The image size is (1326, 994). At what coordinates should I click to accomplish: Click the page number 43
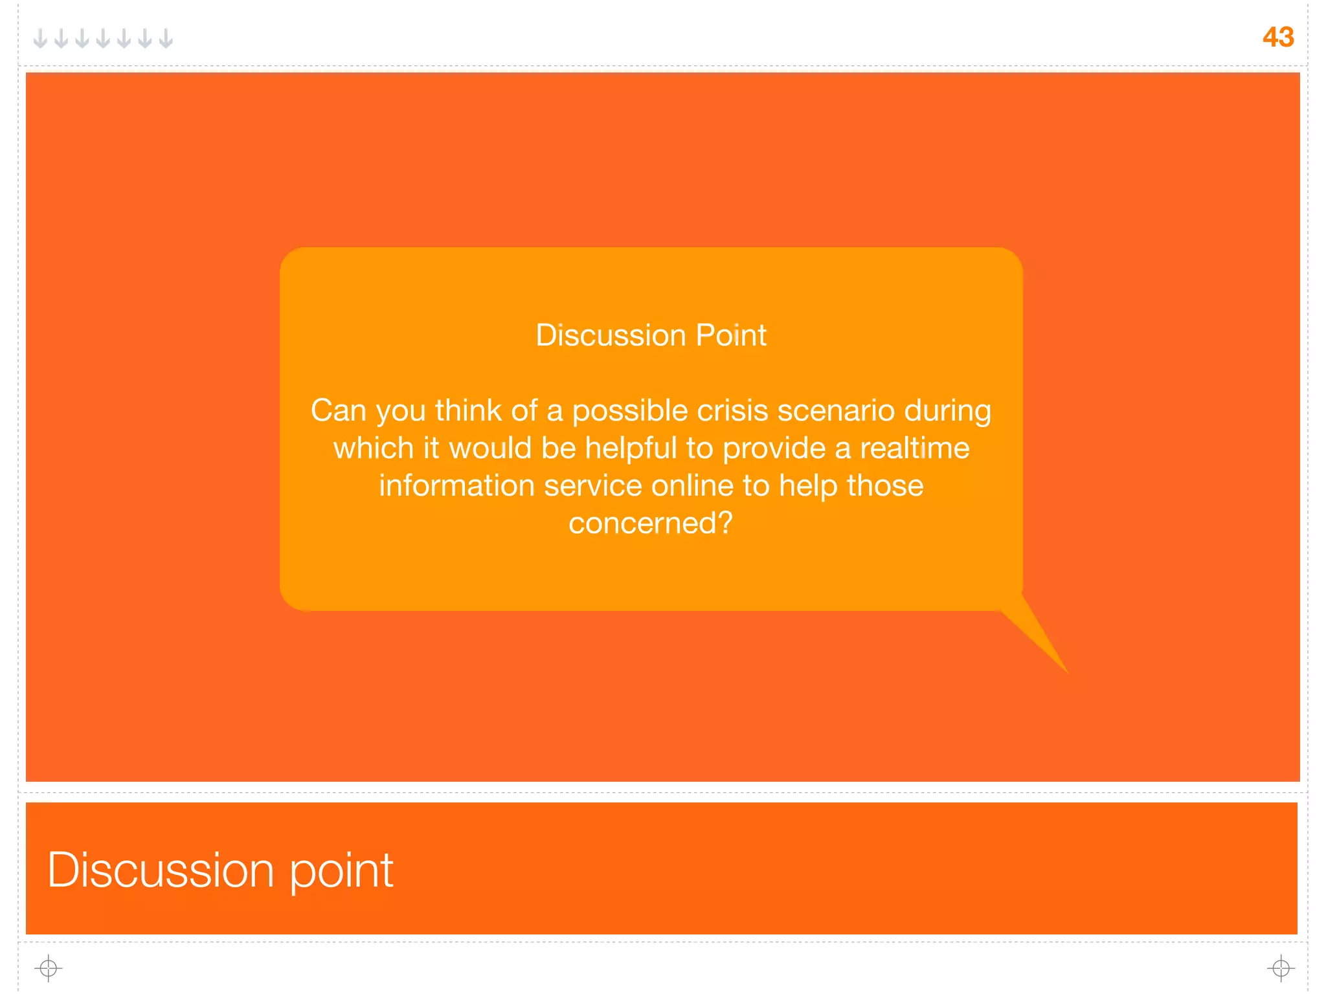point(1277,37)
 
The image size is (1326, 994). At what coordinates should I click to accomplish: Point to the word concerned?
point(650,523)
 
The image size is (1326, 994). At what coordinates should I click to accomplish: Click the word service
point(592,486)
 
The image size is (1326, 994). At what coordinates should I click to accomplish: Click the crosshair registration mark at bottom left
point(49,968)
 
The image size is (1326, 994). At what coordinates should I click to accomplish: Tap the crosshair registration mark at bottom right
point(1281,968)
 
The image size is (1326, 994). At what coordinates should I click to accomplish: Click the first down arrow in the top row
point(40,38)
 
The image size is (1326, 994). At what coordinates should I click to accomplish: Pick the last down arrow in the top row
point(166,38)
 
